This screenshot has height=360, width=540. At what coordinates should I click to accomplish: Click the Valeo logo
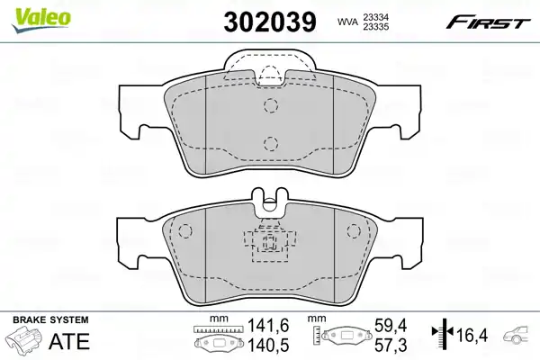click(41, 20)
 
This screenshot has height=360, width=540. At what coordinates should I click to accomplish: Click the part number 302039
click(270, 22)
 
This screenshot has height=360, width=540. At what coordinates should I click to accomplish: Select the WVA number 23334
click(375, 17)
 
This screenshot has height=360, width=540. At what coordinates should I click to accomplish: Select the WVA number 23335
click(375, 26)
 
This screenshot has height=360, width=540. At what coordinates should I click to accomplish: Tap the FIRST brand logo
click(488, 22)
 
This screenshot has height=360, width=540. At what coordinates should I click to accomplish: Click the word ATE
click(69, 341)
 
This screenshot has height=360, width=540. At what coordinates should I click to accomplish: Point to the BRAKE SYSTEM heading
click(50, 319)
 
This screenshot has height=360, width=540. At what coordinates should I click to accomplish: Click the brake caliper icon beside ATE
click(25, 338)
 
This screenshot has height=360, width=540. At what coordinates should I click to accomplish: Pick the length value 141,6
click(268, 326)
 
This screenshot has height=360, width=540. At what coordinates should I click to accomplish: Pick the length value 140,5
click(268, 345)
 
